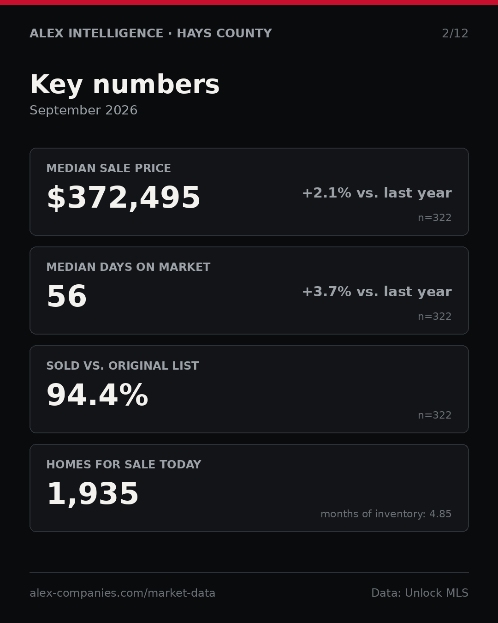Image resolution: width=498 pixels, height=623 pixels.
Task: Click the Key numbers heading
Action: pyautogui.click(x=125, y=84)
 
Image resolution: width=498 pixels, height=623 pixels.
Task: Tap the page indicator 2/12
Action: pyautogui.click(x=455, y=33)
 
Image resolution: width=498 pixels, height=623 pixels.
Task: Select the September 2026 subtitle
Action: pyautogui.click(x=83, y=110)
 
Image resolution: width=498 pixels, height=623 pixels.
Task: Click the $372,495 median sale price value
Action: pyautogui.click(x=124, y=198)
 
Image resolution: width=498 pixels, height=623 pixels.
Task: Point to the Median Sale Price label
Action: pyautogui.click(x=108, y=168)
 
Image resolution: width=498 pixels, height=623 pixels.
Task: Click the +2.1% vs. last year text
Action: pyautogui.click(x=377, y=193)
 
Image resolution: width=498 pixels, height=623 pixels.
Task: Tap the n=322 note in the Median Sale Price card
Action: pyautogui.click(x=435, y=218)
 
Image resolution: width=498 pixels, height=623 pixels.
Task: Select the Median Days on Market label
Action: pyautogui.click(x=128, y=267)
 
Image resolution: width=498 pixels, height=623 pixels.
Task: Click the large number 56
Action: pyautogui.click(x=67, y=296)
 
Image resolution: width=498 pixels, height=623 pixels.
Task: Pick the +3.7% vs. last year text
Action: pyautogui.click(x=377, y=292)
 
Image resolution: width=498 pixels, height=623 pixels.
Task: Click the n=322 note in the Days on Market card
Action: pyautogui.click(x=435, y=317)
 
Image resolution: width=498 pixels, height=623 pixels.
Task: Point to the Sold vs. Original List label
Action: pyautogui.click(x=122, y=365)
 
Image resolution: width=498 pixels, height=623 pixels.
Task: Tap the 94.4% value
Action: pyautogui.click(x=97, y=395)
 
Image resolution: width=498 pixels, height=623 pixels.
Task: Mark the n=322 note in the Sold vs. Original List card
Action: pyautogui.click(x=435, y=415)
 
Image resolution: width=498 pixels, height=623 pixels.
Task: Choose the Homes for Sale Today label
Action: pyautogui.click(x=124, y=464)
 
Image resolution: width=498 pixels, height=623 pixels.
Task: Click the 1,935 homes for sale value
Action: pyautogui.click(x=93, y=494)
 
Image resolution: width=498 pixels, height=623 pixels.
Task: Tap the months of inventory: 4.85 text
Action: pyautogui.click(x=386, y=514)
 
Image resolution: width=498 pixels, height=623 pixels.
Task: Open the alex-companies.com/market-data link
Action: pyautogui.click(x=122, y=593)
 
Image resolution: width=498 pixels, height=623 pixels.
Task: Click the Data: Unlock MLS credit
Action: pyautogui.click(x=420, y=593)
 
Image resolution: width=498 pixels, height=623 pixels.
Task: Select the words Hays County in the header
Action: pyautogui.click(x=224, y=33)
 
